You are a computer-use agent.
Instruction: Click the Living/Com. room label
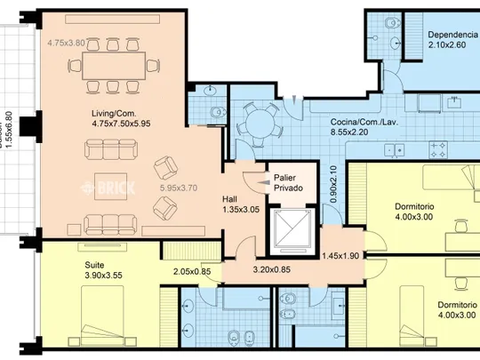114,114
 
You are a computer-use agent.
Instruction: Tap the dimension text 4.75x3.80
66,43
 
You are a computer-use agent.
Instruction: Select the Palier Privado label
288,183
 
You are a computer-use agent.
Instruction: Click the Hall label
229,199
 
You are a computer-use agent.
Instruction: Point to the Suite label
94,265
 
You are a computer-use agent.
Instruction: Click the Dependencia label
452,35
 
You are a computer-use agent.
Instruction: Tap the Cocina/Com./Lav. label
364,122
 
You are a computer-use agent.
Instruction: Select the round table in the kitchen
260,124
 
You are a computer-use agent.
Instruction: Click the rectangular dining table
114,66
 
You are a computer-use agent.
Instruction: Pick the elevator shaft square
292,229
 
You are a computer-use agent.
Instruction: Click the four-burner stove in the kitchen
438,149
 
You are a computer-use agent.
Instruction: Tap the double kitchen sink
395,150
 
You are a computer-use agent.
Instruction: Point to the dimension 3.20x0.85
271,269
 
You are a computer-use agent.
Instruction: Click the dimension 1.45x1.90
340,256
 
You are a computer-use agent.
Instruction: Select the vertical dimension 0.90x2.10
333,184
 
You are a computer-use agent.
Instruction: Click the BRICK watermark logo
108,188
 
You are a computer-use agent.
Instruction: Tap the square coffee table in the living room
110,186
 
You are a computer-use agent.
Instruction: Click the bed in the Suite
102,316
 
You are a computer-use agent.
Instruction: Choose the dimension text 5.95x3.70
179,188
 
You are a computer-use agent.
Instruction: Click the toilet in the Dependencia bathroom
393,22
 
